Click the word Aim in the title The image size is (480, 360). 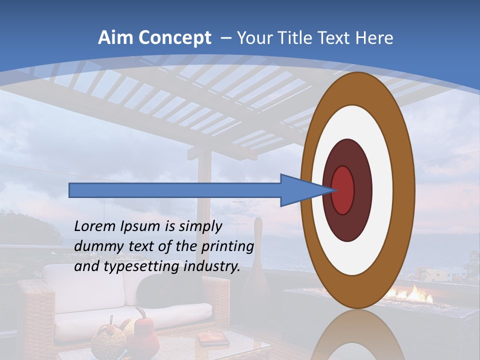(x=116, y=38)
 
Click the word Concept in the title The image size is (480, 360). (x=174, y=38)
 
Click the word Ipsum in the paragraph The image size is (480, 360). (x=140, y=226)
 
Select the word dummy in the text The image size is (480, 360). (x=95, y=246)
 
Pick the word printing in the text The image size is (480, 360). (x=227, y=246)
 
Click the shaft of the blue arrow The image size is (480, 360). (x=175, y=190)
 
